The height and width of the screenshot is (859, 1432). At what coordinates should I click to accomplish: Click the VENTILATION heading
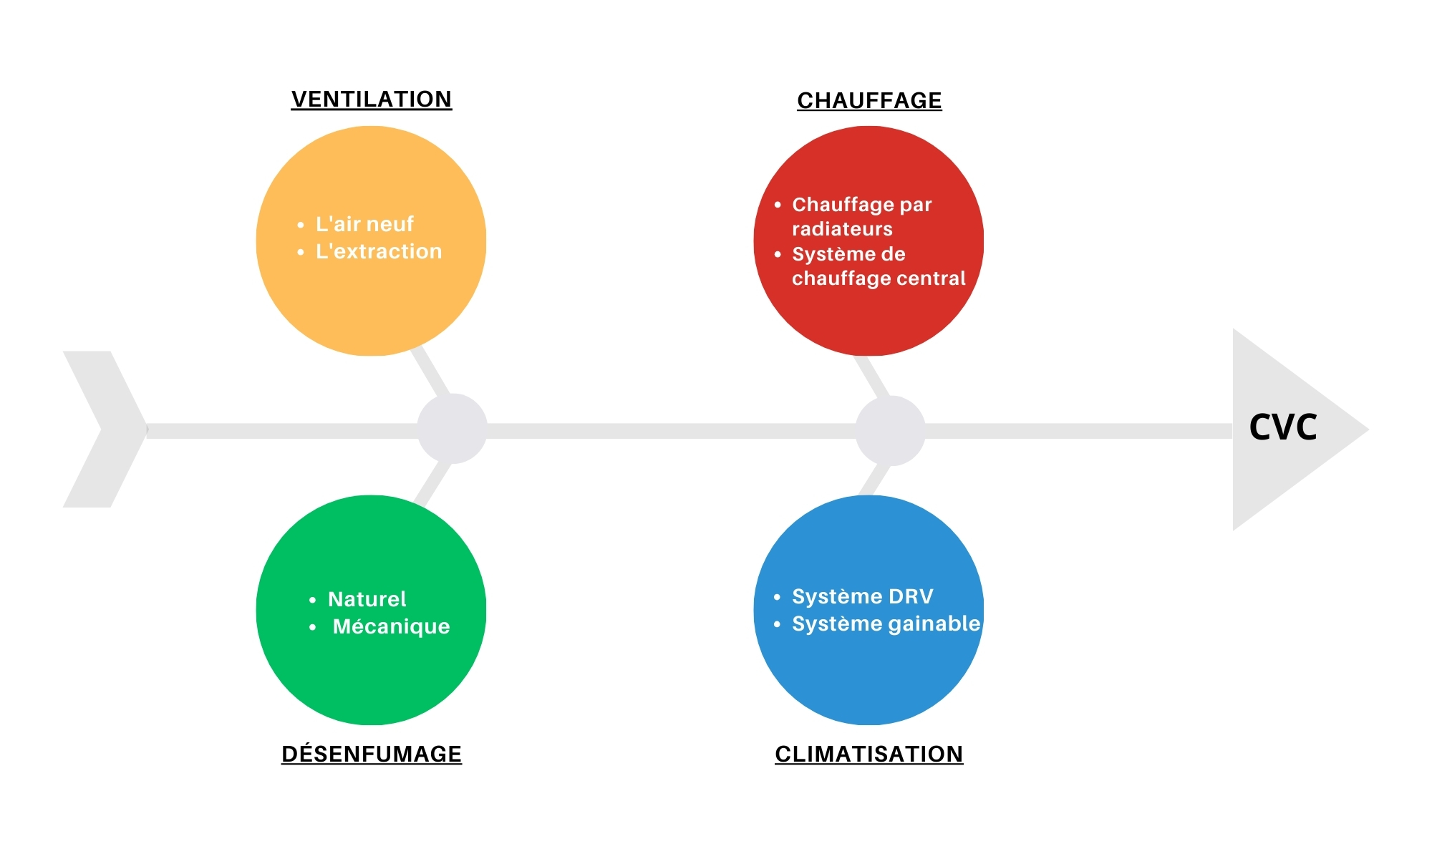(x=371, y=99)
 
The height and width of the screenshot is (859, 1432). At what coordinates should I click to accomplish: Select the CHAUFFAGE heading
(x=869, y=100)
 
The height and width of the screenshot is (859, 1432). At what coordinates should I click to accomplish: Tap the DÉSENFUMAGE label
(x=371, y=754)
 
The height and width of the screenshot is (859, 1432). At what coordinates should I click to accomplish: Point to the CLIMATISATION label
(x=869, y=754)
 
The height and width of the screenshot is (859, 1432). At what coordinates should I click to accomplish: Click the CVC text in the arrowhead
(x=1282, y=427)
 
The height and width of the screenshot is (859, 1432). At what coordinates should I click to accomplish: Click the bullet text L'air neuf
(x=364, y=224)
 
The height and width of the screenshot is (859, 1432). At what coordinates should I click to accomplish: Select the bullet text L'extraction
(x=379, y=251)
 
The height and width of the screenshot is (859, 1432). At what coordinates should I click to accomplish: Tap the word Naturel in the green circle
(x=367, y=599)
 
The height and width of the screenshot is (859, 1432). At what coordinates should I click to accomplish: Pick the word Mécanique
(x=391, y=626)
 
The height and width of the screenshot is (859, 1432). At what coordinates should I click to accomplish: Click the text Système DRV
(x=862, y=596)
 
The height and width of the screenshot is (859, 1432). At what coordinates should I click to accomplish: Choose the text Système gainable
(x=886, y=623)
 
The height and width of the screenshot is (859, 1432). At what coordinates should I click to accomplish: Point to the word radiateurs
(x=842, y=229)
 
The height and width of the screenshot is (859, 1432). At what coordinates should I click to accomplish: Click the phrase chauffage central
(x=879, y=278)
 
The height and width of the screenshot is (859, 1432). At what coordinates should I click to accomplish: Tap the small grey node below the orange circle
(x=453, y=429)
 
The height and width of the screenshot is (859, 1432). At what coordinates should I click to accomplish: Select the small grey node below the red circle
(x=890, y=430)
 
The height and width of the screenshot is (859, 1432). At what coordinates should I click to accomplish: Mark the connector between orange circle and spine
(x=431, y=372)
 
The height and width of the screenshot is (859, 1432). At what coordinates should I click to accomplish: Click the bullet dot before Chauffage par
(x=778, y=205)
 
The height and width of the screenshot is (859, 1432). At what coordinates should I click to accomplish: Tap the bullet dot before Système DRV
(x=778, y=597)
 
